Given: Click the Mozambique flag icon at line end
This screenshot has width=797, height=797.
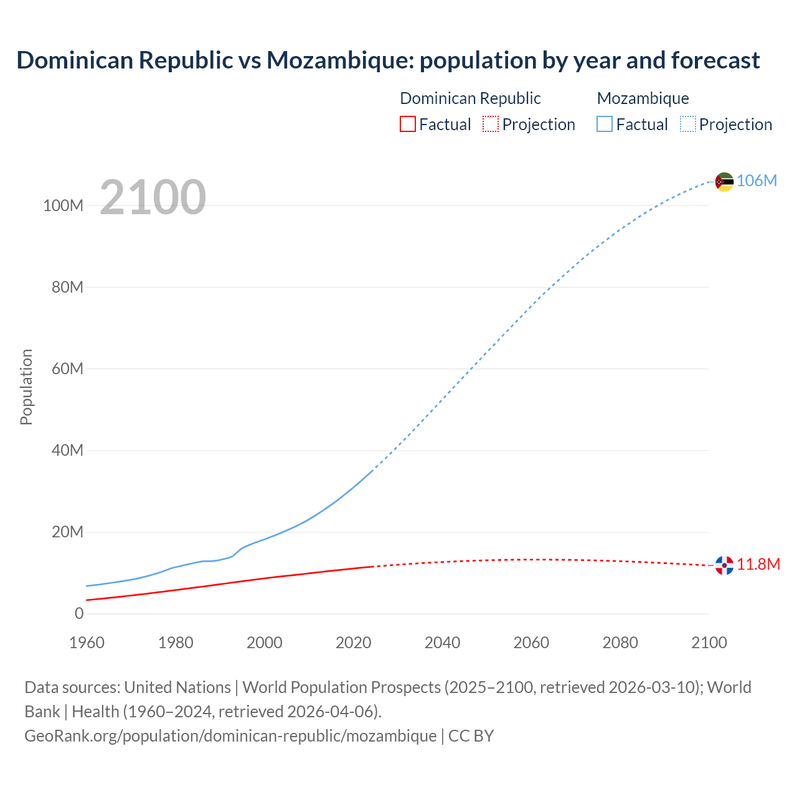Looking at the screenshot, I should pos(724,182).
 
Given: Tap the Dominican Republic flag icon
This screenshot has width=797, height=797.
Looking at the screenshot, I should pos(724,565).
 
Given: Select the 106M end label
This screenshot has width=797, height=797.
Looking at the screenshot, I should pos(757,181).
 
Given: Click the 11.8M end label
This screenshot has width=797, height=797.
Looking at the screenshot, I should pos(758,564).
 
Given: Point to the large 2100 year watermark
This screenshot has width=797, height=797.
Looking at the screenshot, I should pos(153,197).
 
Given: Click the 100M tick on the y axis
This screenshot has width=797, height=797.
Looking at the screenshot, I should pos(63,205).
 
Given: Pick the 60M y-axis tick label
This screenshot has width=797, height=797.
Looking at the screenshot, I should pos(67,369).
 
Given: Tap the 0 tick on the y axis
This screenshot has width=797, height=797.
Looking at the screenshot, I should pos(79,613).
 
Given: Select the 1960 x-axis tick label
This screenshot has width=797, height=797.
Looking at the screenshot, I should pos(87,643).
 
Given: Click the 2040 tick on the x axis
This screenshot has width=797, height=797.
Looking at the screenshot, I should pos(442,643).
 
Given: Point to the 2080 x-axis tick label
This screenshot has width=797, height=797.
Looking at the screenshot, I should pos(620,643).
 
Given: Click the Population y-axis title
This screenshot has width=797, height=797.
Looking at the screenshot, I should pos(26,387).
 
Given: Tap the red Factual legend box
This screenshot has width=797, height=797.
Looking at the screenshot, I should pos(407,124).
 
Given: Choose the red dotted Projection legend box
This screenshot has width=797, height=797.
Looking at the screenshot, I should pos(491,124).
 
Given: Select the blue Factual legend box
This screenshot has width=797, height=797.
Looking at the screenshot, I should pos(605,124).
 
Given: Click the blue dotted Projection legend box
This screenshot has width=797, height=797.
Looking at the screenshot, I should pos(688,124).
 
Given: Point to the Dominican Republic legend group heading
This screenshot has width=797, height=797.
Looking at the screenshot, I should pos(470,98).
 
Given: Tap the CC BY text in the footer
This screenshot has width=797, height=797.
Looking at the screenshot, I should pos(471,735).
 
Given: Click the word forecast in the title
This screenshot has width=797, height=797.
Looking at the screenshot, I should pos(715,60).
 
